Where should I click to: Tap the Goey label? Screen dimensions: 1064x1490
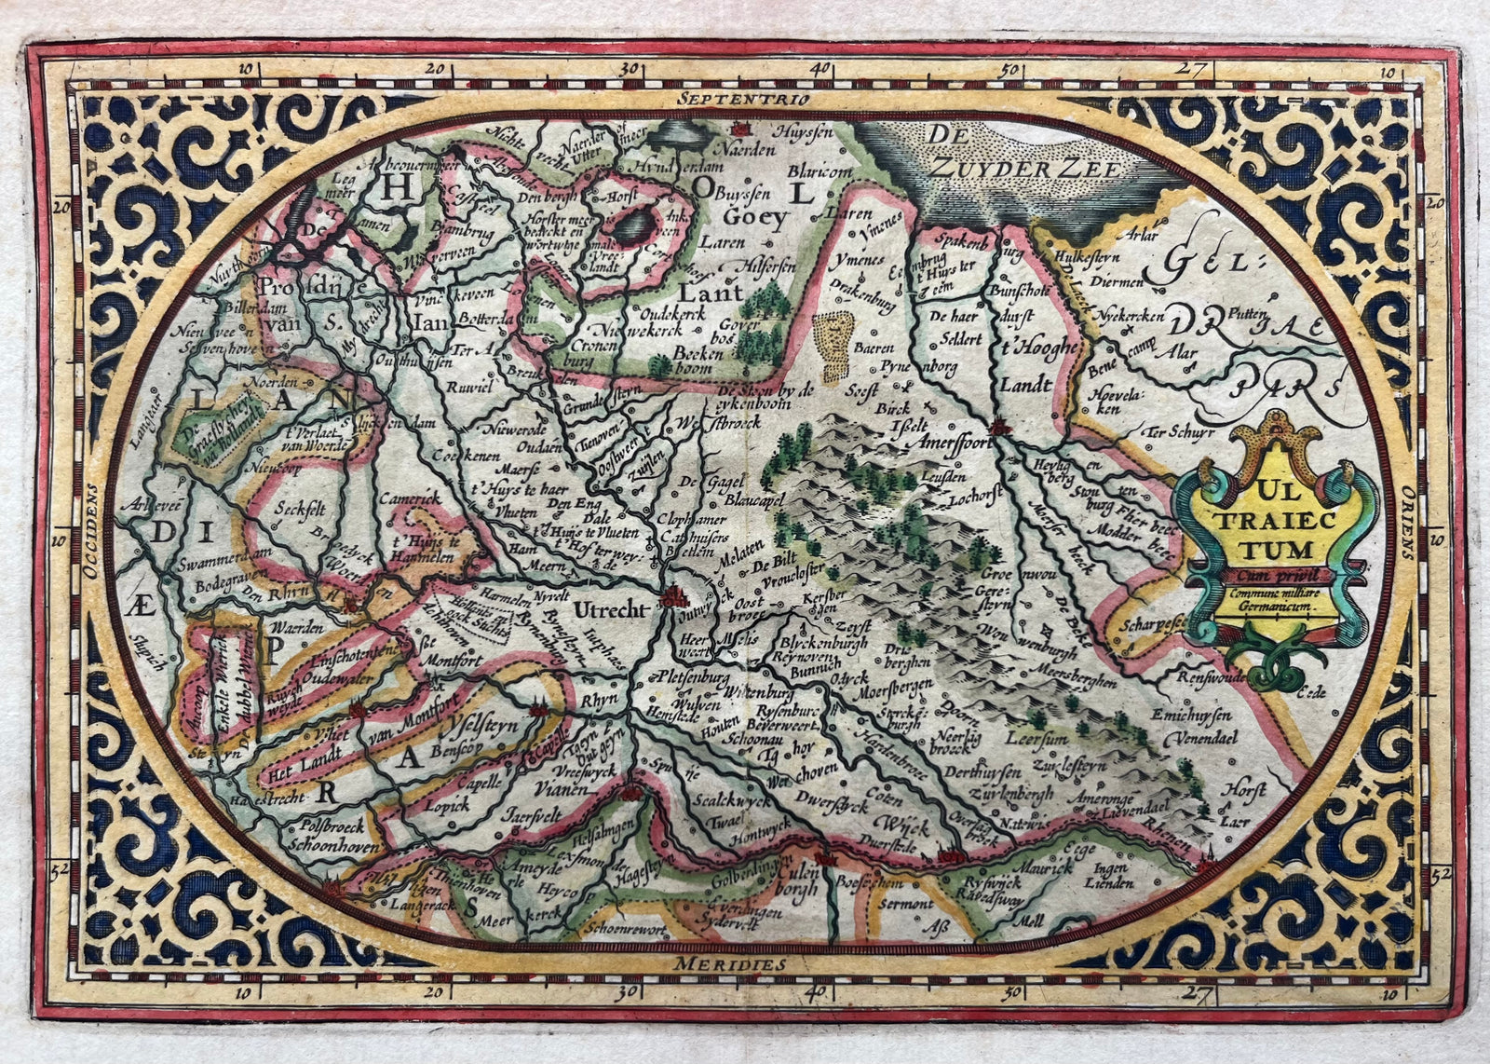pos(751,214)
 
